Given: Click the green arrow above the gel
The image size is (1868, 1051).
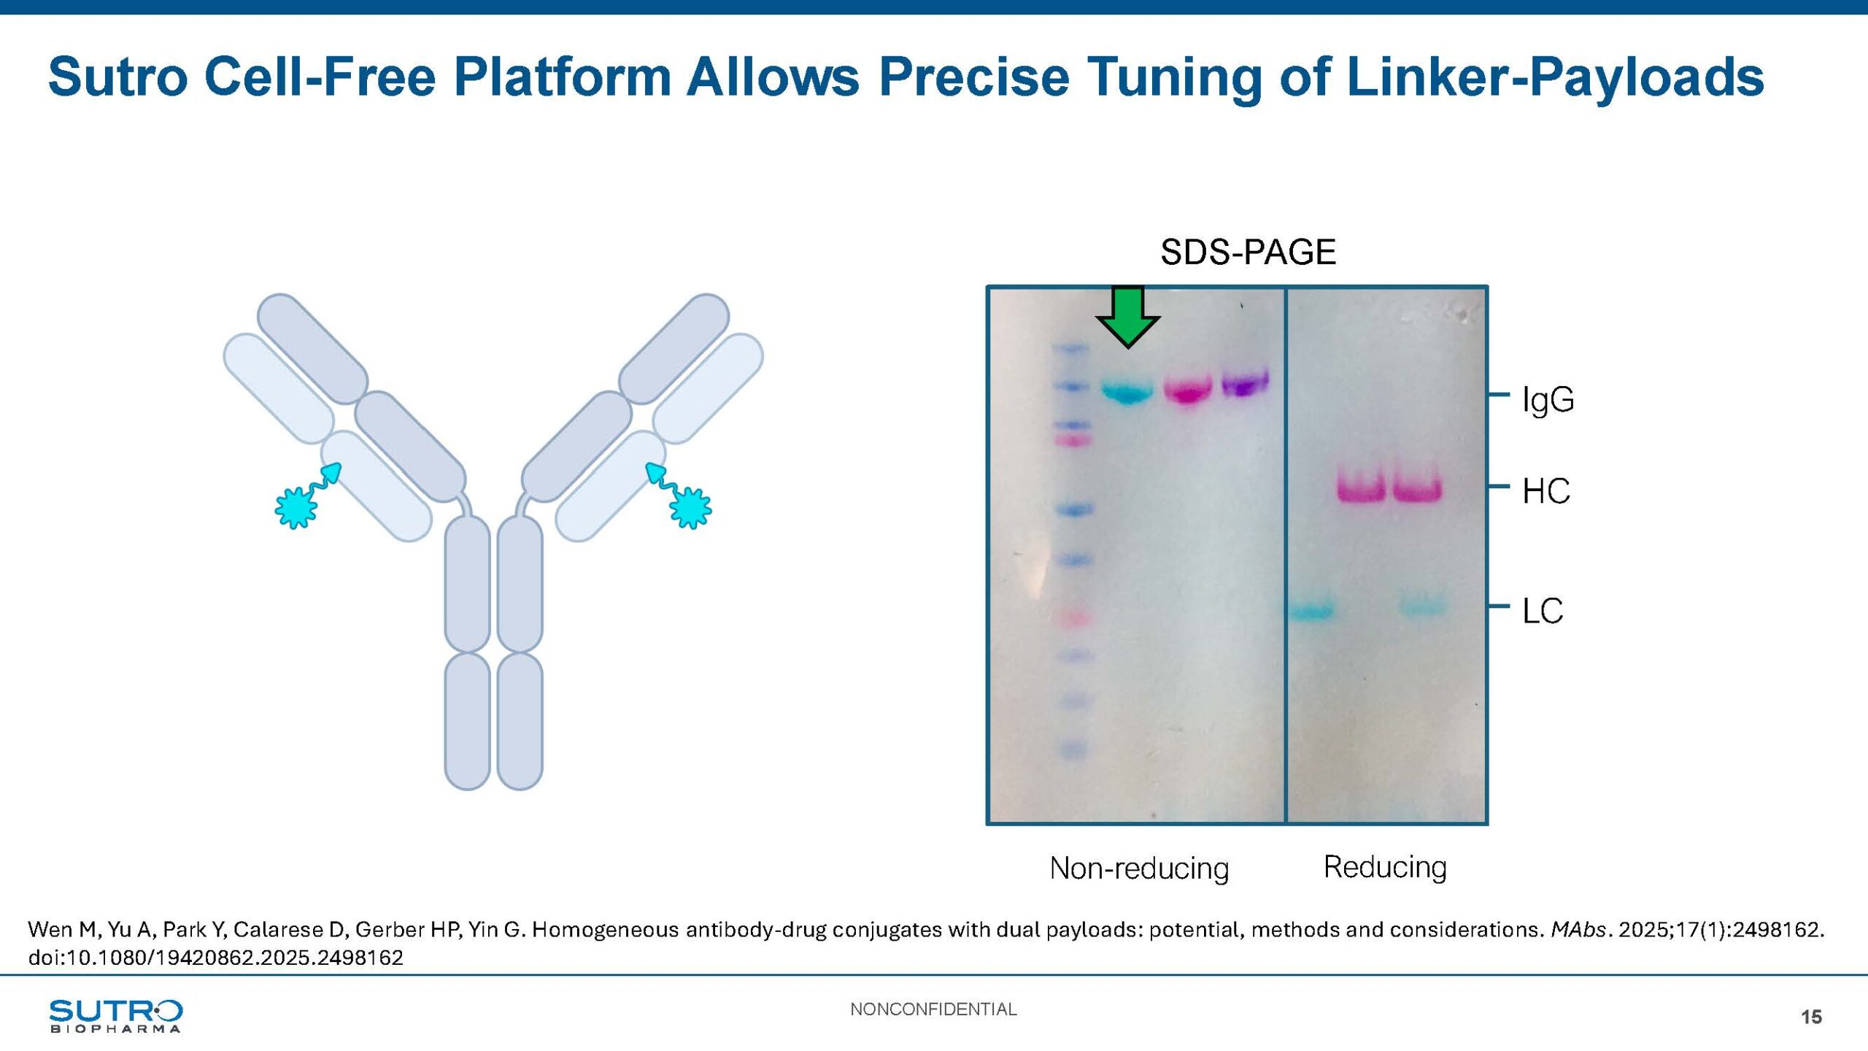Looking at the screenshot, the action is pyautogui.click(x=1128, y=318).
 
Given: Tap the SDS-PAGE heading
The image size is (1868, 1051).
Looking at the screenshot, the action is pyautogui.click(x=1248, y=253).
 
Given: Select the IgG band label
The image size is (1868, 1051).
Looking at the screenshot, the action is pyautogui.click(x=1548, y=401).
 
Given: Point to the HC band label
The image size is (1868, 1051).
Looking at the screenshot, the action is pyautogui.click(x=1546, y=491).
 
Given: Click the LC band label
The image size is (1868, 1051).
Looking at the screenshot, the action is pyautogui.click(x=1543, y=611).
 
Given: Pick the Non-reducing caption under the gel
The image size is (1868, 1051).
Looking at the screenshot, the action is pyautogui.click(x=1139, y=869).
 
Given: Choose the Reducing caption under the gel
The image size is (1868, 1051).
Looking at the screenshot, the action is pyautogui.click(x=1385, y=867).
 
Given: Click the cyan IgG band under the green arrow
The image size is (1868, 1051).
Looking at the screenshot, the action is pyautogui.click(x=1127, y=391).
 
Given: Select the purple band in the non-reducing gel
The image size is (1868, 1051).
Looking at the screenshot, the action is pyautogui.click(x=1245, y=383).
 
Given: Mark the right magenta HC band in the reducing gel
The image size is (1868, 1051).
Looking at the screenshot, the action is pyautogui.click(x=1417, y=487).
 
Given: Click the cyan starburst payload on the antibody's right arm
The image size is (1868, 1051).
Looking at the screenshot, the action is pyautogui.click(x=690, y=507).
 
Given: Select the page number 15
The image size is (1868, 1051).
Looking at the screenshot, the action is pyautogui.click(x=1811, y=1017).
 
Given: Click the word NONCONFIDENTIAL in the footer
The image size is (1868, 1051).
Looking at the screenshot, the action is pyautogui.click(x=933, y=1009).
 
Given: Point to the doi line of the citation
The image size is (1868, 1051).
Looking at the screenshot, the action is pyautogui.click(x=216, y=958).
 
